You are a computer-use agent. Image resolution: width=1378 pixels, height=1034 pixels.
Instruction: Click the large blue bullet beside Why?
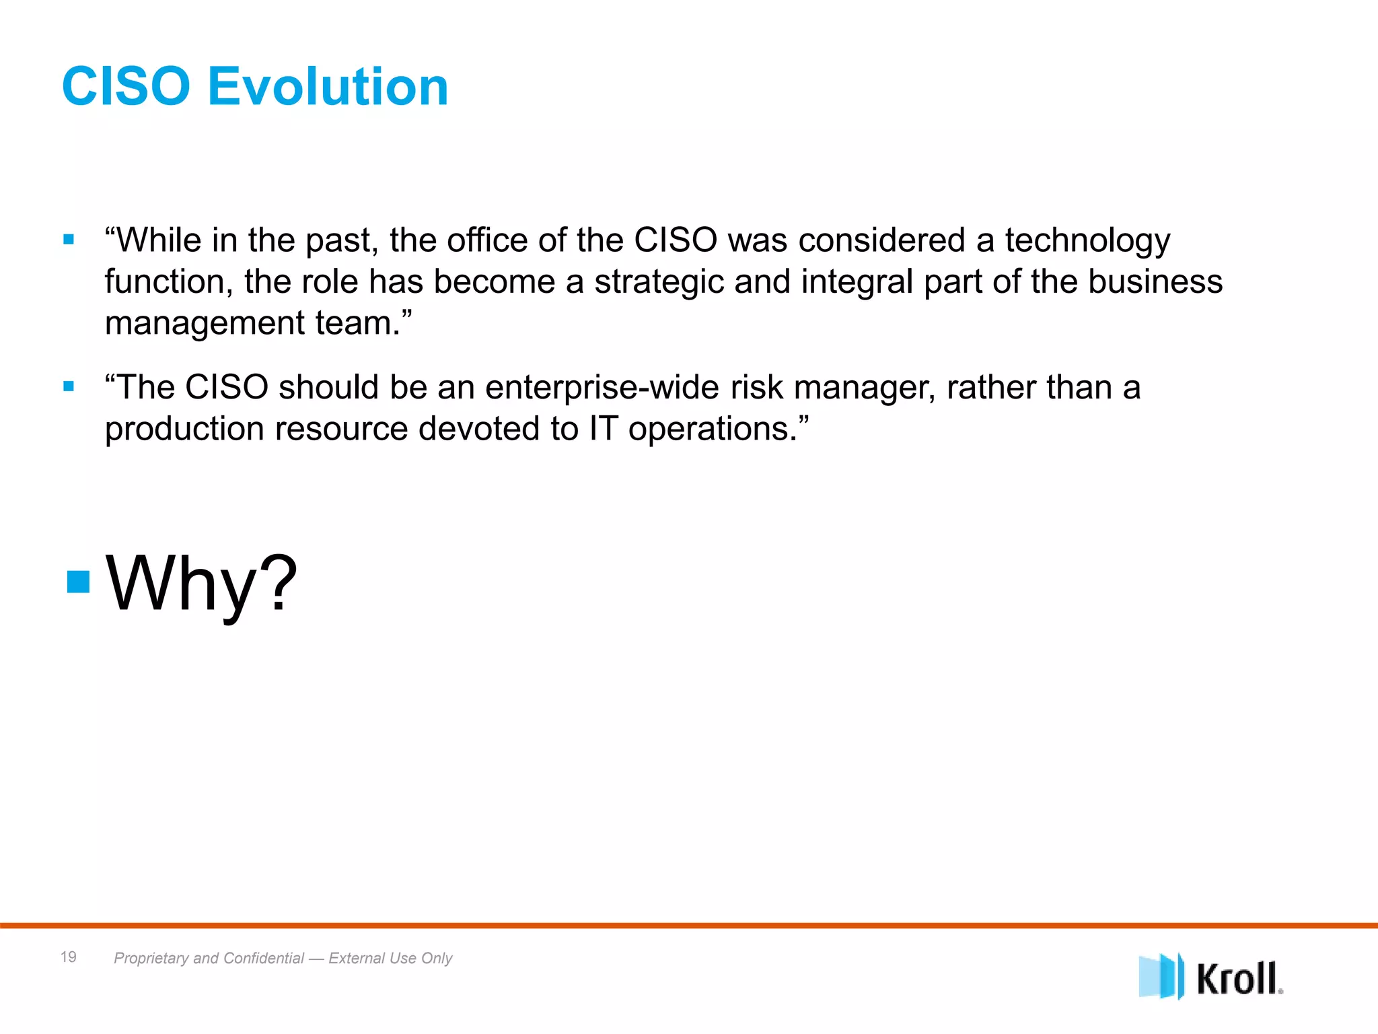(79, 582)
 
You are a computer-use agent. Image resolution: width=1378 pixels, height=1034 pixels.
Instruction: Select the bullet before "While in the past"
(69, 240)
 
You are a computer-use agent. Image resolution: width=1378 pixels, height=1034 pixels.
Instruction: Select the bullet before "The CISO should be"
(69, 386)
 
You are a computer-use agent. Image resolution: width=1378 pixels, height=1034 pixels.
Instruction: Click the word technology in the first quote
(1087, 241)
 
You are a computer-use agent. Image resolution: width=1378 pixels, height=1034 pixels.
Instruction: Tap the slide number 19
(69, 957)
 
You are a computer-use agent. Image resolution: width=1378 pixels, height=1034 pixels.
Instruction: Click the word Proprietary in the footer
(151, 958)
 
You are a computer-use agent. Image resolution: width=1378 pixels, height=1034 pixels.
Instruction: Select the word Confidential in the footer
(264, 958)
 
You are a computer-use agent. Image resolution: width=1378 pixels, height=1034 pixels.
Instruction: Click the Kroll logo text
(1238, 978)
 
